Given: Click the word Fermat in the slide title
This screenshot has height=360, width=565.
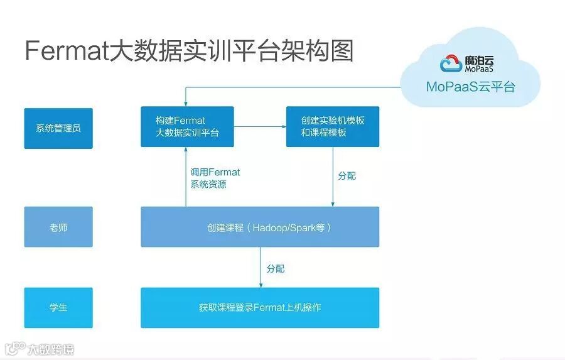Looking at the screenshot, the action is click(x=67, y=50).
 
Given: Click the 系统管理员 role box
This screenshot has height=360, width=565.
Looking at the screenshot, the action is click(x=58, y=128).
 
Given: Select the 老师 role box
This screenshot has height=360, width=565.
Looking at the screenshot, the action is click(x=58, y=227).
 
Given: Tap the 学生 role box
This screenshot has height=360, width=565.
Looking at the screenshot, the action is click(x=58, y=307).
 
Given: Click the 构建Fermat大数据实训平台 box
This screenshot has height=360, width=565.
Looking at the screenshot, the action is click(x=187, y=126).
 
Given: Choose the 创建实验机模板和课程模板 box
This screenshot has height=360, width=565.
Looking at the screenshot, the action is click(x=332, y=126).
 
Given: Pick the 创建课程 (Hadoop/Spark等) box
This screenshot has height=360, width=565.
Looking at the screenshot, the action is click(x=259, y=227).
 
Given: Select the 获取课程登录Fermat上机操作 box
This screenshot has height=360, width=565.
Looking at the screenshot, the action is click(x=259, y=307).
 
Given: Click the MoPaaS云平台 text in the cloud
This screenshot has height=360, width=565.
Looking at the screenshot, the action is click(x=470, y=87).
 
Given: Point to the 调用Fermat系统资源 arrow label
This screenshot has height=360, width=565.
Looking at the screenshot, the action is click(x=215, y=178).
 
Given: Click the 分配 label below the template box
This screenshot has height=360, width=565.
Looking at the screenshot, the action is click(x=347, y=176).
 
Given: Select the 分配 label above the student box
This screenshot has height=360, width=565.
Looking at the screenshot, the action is click(x=275, y=268).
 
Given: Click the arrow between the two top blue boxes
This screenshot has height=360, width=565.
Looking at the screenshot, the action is click(x=260, y=127).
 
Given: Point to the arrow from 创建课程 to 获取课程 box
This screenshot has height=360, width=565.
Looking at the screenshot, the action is click(x=261, y=267).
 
